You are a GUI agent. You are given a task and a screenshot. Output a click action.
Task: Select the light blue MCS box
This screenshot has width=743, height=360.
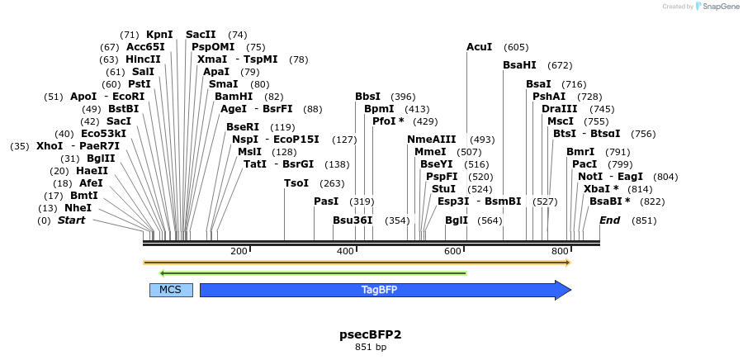170,290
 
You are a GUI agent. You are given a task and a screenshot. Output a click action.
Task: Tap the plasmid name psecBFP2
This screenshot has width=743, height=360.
371,334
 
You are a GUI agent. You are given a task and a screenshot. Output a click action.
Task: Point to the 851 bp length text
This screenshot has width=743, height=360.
371,347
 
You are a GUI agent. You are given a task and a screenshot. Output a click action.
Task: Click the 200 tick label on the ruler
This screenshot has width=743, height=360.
239,251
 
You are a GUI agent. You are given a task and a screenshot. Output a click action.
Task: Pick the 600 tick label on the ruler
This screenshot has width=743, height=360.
452,251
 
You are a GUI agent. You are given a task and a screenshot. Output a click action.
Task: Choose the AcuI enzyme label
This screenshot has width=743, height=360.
479,47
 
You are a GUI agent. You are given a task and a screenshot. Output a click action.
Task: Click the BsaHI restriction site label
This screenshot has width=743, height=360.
519,65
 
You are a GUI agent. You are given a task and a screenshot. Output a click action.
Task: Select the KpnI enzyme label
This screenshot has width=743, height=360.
159,35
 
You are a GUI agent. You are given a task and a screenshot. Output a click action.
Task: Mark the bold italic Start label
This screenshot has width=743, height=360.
71,220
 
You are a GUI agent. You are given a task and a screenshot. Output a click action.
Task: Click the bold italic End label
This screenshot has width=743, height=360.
609,220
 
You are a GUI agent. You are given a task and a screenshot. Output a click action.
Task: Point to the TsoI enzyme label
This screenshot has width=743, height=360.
296,183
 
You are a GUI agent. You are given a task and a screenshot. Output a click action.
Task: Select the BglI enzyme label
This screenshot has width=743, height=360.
456,220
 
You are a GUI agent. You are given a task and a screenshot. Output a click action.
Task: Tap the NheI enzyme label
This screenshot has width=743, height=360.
78,208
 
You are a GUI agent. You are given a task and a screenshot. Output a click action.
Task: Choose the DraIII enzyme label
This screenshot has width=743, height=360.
559,109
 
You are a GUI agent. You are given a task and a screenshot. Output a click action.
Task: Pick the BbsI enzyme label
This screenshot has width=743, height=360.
367,97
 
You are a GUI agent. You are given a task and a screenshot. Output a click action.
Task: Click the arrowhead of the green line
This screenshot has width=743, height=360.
163,272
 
